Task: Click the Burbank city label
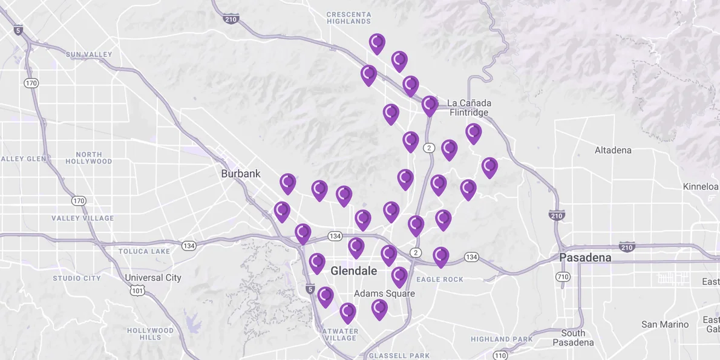pyautogui.click(x=240, y=174)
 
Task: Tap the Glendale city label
pyautogui.click(x=353, y=271)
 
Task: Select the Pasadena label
pyautogui.click(x=584, y=258)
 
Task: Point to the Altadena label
pyautogui.click(x=612, y=150)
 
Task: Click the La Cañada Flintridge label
pyautogui.click(x=469, y=108)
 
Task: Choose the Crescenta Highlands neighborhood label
pyautogui.click(x=349, y=18)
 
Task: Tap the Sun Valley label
pyautogui.click(x=89, y=54)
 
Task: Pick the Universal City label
pyautogui.click(x=152, y=278)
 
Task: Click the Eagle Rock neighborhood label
pyautogui.click(x=440, y=280)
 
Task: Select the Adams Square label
pyautogui.click(x=384, y=294)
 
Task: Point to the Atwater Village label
pyautogui.click(x=340, y=334)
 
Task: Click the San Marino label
pyautogui.click(x=665, y=325)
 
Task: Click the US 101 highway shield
pyautogui.click(x=137, y=291)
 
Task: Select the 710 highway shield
pyautogui.click(x=563, y=277)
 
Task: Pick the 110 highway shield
pyautogui.click(x=500, y=355)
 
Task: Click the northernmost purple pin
pyautogui.click(x=377, y=43)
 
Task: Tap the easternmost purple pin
pyautogui.click(x=489, y=166)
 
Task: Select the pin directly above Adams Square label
pyautogui.click(x=399, y=276)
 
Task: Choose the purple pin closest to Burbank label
pyautogui.click(x=288, y=183)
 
